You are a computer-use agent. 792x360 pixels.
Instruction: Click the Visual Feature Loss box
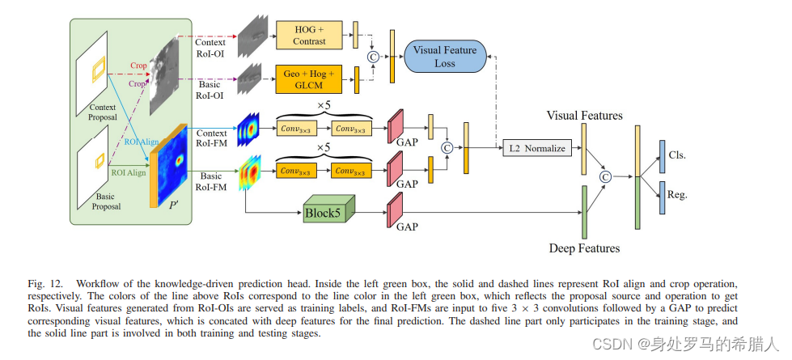(444, 55)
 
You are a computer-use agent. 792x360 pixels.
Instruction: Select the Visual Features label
(584, 116)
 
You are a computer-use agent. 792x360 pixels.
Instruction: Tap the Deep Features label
(584, 248)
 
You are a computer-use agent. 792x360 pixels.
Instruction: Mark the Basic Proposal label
(105, 201)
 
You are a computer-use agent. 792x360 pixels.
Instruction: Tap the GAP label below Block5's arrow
(407, 227)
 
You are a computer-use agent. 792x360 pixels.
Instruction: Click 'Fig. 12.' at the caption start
(46, 284)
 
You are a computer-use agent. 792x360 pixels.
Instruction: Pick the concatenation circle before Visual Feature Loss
(373, 56)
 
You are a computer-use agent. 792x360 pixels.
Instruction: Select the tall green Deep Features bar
(583, 212)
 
